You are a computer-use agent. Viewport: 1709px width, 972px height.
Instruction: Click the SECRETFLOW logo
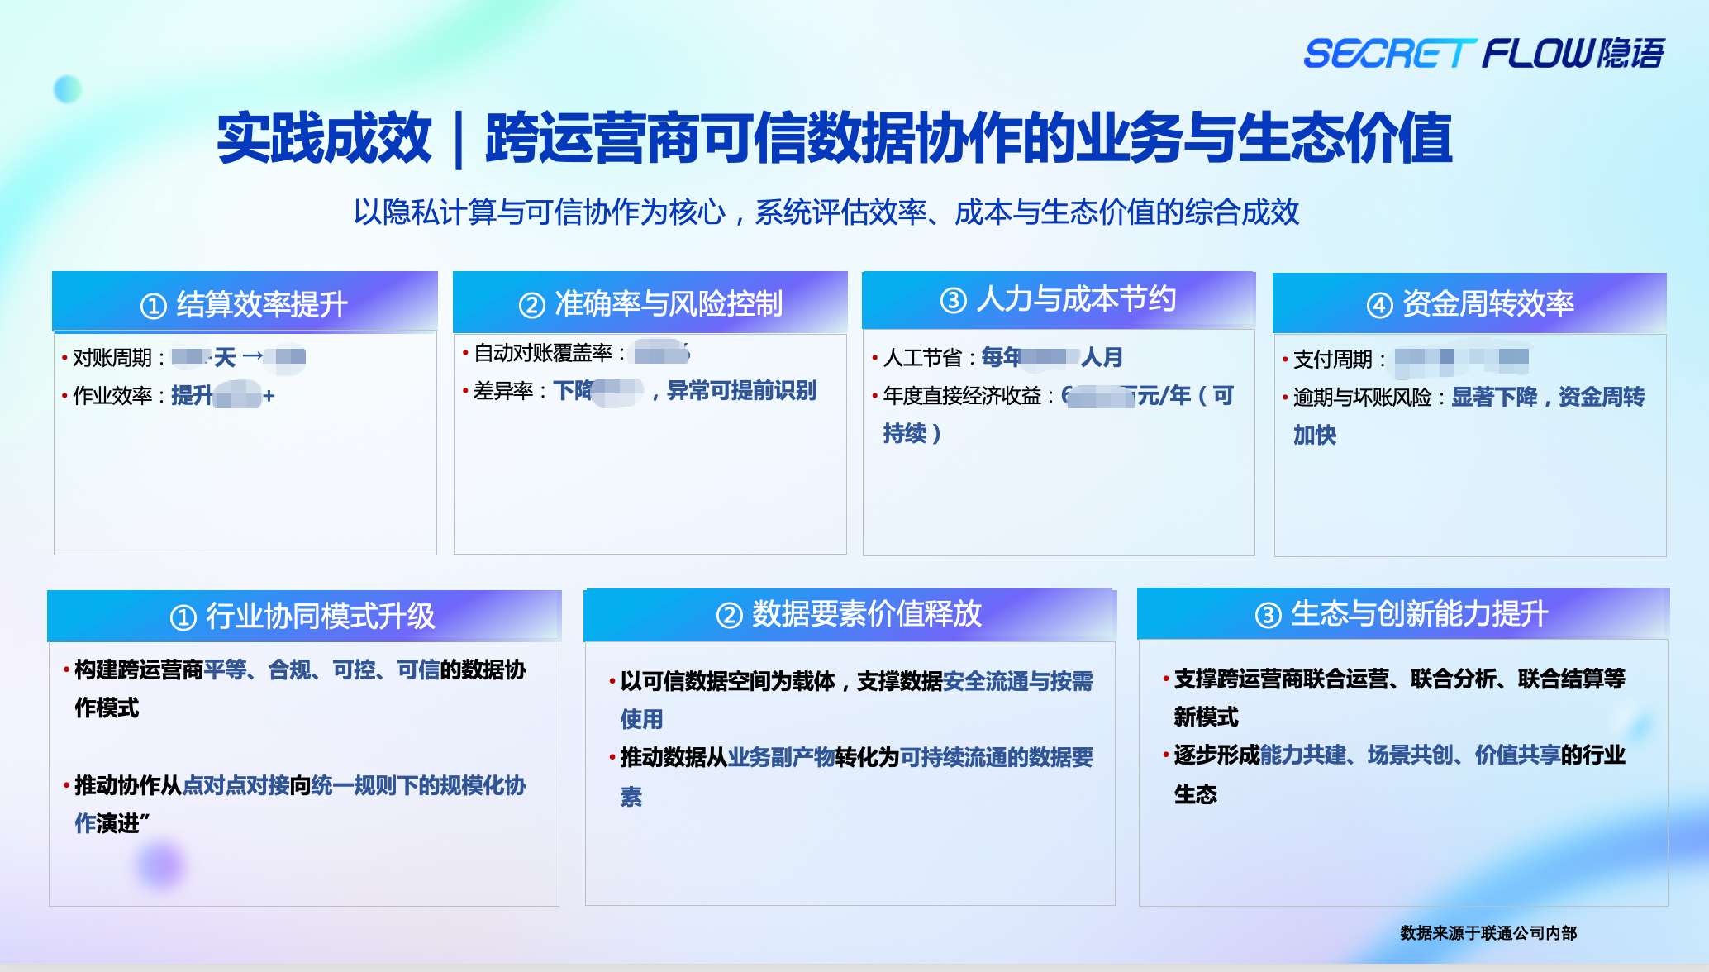(1483, 54)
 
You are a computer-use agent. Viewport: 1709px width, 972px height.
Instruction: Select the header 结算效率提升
(261, 304)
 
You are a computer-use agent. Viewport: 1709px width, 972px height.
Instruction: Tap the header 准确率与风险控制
(668, 304)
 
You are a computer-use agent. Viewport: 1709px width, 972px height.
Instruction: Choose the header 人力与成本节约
(1076, 299)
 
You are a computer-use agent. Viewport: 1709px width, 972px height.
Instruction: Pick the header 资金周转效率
(1488, 304)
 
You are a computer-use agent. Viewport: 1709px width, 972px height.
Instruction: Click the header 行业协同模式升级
(320, 616)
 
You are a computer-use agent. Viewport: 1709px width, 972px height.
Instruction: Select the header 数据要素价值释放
(866, 614)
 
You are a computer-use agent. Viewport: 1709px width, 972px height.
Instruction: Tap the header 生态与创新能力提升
(1419, 614)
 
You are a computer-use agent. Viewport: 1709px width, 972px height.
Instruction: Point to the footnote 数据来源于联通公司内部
(1488, 933)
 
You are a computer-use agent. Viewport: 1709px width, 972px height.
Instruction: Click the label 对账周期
(112, 358)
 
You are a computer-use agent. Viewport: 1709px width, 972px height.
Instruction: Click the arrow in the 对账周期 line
(252, 356)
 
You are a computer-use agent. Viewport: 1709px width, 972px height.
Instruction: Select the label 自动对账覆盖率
(542, 353)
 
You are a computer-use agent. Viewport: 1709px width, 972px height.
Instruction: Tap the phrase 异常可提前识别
(741, 391)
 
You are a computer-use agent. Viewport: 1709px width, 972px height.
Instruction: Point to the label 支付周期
(1332, 360)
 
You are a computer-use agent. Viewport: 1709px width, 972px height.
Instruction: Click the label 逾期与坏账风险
(1362, 398)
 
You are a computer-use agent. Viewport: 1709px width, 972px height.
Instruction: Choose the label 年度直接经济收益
(962, 396)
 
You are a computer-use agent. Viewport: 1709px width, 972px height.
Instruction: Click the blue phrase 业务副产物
(781, 757)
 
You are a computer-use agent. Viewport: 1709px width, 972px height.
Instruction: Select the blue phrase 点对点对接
(236, 785)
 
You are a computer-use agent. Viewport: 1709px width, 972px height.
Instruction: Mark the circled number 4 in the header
(1379, 306)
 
